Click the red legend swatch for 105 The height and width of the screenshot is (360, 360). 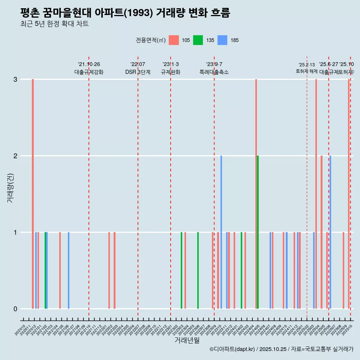[174, 40]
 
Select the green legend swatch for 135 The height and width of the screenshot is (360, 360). [198, 40]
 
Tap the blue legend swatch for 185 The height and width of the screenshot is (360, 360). [222, 40]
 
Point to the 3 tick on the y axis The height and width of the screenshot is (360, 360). [15, 79]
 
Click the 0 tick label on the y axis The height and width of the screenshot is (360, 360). [15, 309]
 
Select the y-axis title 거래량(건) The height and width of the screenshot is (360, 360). [10, 188]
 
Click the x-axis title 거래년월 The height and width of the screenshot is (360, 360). [187, 340]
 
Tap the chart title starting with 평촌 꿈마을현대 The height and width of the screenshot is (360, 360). [125, 13]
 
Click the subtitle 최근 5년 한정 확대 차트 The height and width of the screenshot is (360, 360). [54, 24]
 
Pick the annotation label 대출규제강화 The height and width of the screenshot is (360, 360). [89, 72]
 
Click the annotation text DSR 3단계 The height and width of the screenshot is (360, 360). [138, 72]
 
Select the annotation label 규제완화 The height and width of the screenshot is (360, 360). [171, 72]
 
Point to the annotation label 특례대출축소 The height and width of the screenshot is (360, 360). [214, 72]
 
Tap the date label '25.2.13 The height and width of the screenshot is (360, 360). [307, 65]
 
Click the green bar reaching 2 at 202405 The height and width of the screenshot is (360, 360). [258, 232]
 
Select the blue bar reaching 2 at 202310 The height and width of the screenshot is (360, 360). [221, 232]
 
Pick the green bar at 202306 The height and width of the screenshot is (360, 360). [198, 270]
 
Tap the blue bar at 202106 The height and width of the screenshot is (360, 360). [69, 270]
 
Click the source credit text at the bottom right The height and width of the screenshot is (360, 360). [281, 349]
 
